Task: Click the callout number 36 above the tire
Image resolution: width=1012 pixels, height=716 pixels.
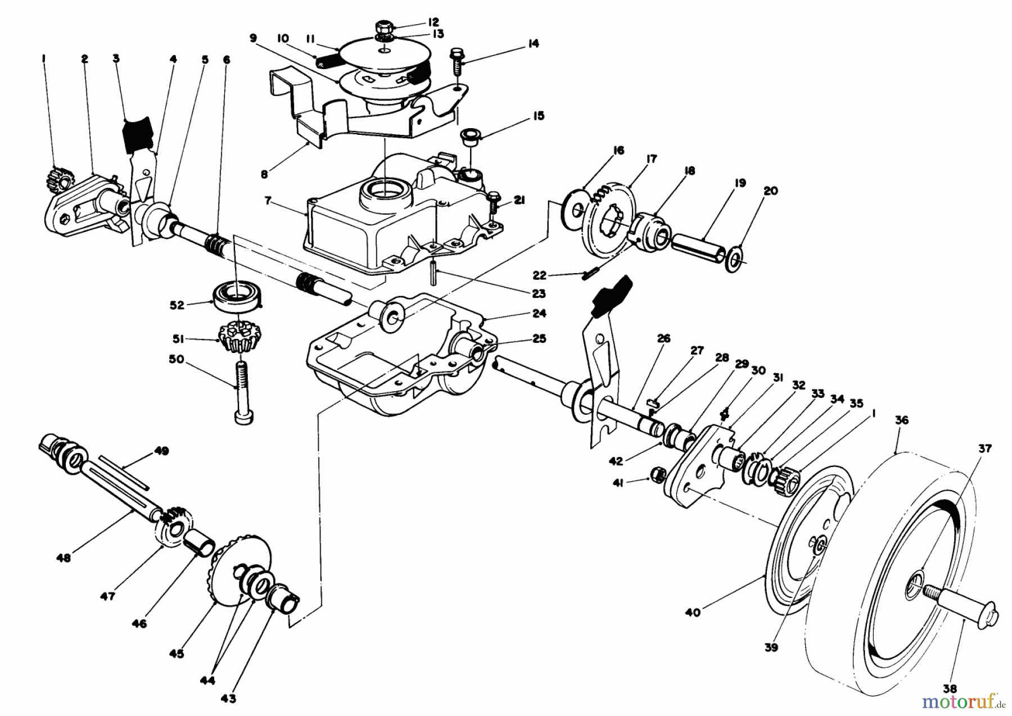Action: tap(902, 420)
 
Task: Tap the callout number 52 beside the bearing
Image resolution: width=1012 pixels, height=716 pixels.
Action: tap(178, 305)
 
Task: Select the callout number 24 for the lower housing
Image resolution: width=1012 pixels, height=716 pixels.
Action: tap(539, 313)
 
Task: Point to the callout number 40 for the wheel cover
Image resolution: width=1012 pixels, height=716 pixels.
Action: tap(693, 612)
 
